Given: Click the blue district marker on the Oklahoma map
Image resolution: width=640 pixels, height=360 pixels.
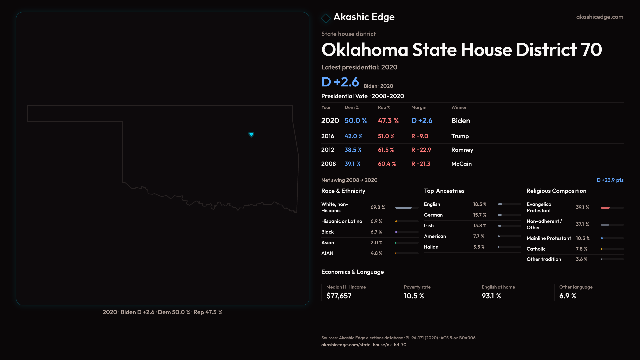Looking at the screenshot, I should coord(251,134).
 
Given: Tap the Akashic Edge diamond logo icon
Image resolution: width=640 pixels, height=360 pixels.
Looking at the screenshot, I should coord(326,18).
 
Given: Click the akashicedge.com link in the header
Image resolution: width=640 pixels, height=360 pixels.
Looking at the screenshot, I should coord(600,17).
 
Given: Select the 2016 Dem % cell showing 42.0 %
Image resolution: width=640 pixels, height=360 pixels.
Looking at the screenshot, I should coord(353,136).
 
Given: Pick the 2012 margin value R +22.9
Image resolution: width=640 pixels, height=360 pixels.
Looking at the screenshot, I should coord(421,150).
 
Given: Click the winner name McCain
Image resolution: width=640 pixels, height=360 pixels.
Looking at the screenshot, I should coord(461,164).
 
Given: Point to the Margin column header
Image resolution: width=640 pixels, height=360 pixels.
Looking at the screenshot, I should coord(419,107).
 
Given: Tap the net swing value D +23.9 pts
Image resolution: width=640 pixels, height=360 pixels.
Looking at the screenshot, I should coord(610,180).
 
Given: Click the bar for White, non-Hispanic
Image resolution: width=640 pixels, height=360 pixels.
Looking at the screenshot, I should coord(403,208).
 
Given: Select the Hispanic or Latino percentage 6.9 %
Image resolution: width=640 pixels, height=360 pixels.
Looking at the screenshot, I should coord(376,221).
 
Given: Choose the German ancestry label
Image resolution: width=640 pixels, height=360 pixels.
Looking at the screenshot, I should coord(433,215).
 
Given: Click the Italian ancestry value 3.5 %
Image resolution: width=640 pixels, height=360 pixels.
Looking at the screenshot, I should coord(479,247).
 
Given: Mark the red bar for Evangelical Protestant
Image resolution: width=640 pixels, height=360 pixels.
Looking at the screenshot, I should coord(605,208).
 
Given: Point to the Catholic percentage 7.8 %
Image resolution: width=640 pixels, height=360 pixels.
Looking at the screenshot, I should coord(582,249).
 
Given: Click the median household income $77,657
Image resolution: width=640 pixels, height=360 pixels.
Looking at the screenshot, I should coord(339,296).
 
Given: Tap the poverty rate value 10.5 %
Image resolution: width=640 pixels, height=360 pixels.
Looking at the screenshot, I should coord(414,296).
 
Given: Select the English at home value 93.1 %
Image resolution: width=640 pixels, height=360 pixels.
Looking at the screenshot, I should coord(491,296).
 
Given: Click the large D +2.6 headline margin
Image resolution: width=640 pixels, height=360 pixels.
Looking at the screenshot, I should coord(340,82).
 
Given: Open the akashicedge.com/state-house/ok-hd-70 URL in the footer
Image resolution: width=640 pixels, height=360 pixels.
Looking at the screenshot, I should coord(364,345).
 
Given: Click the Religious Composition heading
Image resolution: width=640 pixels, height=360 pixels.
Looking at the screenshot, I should coord(556,191).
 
